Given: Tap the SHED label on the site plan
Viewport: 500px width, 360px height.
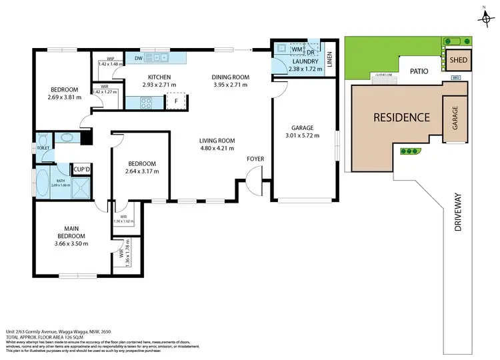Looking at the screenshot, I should [458, 60].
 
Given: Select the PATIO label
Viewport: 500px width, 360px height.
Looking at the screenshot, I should [419, 69].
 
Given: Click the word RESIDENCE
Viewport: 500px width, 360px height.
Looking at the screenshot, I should [401, 117].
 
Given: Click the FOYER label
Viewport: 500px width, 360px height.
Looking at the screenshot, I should [255, 159].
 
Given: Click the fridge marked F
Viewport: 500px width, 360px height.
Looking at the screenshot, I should [175, 101].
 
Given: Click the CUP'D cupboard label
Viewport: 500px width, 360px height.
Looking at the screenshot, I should [82, 169].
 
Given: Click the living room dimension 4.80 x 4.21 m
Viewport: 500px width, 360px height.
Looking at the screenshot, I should [217, 149].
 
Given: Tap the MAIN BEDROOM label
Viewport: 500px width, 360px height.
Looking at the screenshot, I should [71, 231].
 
